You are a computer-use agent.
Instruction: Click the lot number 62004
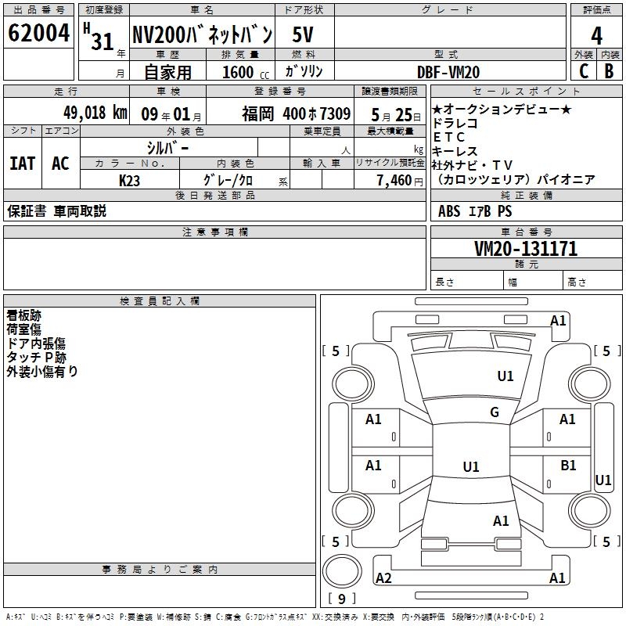click(38, 33)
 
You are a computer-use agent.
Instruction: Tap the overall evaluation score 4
click(596, 36)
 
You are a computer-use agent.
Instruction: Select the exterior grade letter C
click(584, 71)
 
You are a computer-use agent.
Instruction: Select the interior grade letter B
click(609, 71)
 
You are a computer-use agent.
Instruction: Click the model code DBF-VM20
click(448, 72)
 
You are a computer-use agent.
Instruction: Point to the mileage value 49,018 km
click(95, 113)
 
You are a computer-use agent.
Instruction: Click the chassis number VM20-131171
click(526, 249)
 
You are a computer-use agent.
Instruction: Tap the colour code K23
click(129, 181)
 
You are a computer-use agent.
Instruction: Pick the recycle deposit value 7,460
click(394, 181)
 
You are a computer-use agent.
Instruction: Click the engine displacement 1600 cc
click(246, 72)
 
